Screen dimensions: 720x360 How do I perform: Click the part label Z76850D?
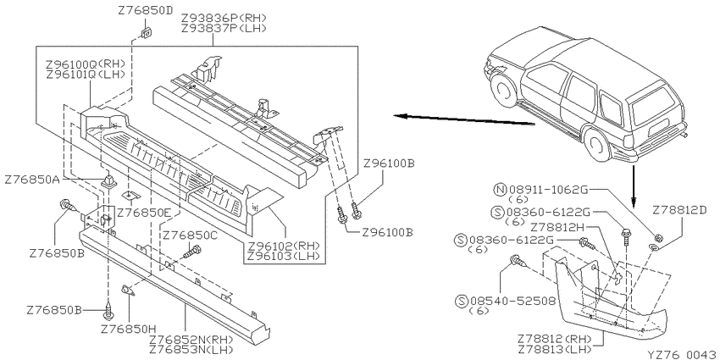[145, 10]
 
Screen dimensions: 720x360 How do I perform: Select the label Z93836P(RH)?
[224, 19]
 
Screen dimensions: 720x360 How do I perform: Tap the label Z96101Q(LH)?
[86, 74]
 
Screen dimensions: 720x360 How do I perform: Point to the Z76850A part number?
[32, 180]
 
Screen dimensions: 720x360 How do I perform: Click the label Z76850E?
[143, 213]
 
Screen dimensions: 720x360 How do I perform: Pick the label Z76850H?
[129, 329]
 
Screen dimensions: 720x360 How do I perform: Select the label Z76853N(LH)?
[191, 350]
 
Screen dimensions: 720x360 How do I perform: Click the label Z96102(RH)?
[283, 246]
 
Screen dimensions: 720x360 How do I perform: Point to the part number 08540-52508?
[513, 302]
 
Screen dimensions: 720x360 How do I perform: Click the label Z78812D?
[680, 210]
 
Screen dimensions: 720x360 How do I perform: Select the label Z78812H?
[558, 227]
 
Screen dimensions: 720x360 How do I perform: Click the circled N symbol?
[500, 189]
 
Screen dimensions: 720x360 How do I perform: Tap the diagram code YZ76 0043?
[683, 355]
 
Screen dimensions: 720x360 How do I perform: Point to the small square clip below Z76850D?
[147, 32]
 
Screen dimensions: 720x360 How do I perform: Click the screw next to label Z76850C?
[192, 252]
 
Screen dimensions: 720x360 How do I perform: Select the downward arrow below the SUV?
[634, 185]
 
